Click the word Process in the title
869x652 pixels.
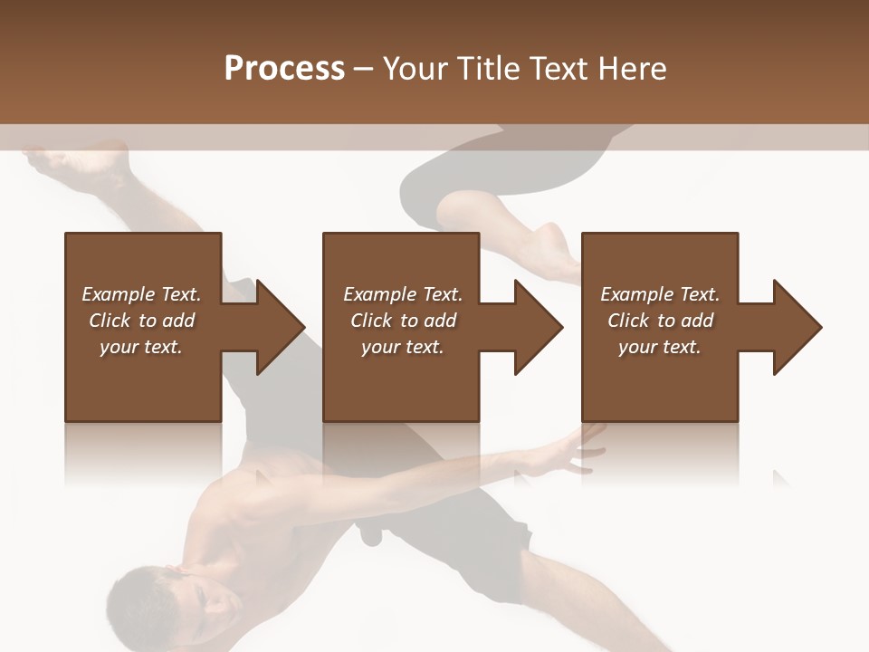pyautogui.click(x=284, y=69)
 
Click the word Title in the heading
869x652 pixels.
pyautogui.click(x=487, y=69)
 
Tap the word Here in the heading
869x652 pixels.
pyautogui.click(x=632, y=69)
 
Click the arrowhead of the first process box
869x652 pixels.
pyautogui.click(x=281, y=327)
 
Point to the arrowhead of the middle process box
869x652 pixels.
pyautogui.click(x=540, y=327)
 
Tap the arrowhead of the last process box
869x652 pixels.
pyautogui.click(x=797, y=327)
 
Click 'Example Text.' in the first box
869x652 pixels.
pyautogui.click(x=141, y=294)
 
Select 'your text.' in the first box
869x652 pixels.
pyautogui.click(x=141, y=347)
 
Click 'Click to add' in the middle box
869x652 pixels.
pyautogui.click(x=403, y=321)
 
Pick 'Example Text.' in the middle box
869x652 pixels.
pyautogui.click(x=403, y=294)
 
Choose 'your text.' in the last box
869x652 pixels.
pyautogui.click(x=660, y=347)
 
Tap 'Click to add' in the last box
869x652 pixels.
pyautogui.click(x=660, y=321)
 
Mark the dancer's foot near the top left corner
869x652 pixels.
pyautogui.click(x=54, y=164)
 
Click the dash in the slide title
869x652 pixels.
pyautogui.click(x=363, y=70)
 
